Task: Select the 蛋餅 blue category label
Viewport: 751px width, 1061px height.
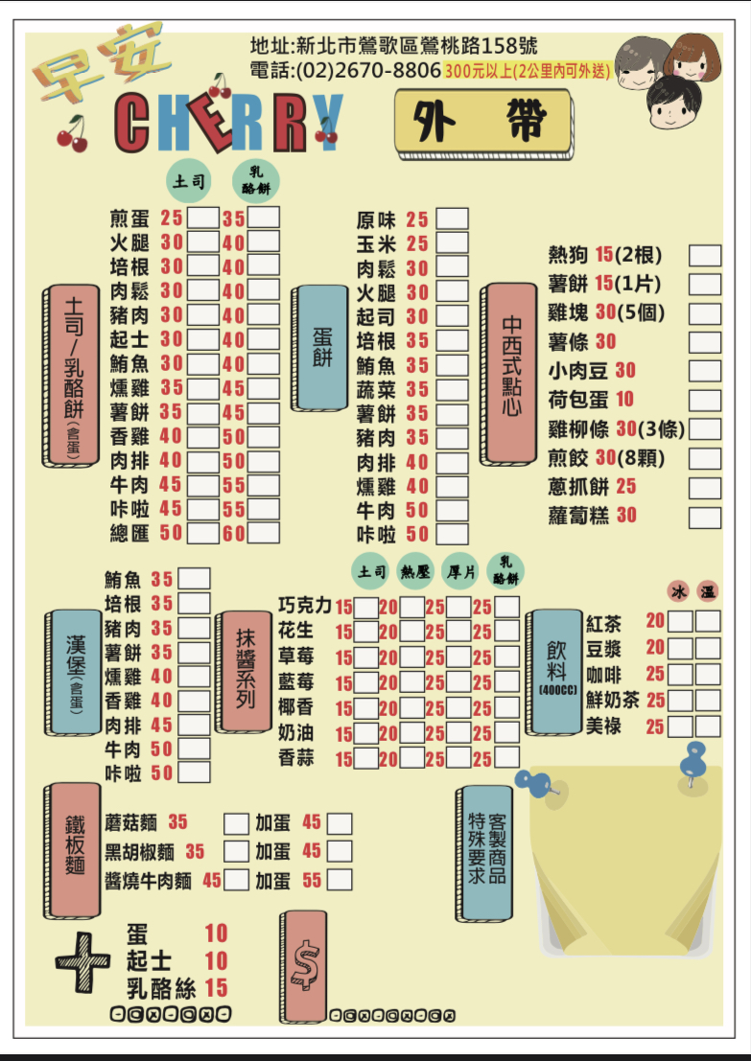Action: tap(321, 348)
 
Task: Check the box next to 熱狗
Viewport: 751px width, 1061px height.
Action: tap(705, 256)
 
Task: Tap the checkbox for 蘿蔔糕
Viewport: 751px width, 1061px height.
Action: tap(705, 518)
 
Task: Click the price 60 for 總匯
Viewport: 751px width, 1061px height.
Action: tap(234, 534)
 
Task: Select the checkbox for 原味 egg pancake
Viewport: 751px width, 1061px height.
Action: tap(452, 219)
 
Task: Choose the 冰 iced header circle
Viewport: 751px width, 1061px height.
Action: tap(680, 588)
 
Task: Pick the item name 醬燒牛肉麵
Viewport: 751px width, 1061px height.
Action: tap(149, 880)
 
